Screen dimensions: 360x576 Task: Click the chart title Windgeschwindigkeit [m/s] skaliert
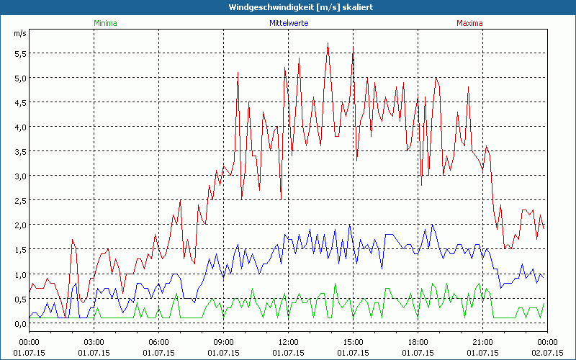(287, 7)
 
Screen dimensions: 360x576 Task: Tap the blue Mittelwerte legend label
(288, 23)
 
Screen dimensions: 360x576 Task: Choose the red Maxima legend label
(469, 23)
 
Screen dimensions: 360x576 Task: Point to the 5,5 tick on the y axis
(19, 53)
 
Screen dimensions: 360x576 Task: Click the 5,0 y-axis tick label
(19, 78)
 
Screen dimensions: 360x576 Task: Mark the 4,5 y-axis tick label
(19, 102)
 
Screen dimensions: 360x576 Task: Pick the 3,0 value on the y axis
(19, 176)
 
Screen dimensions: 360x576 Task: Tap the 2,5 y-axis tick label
(19, 200)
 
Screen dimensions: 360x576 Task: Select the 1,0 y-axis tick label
(19, 274)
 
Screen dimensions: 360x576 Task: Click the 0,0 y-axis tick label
(19, 323)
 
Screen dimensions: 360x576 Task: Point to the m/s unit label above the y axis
(19, 33)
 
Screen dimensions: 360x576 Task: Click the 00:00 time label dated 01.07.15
(29, 342)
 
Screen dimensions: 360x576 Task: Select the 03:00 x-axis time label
(94, 342)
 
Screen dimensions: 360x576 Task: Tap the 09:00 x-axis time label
(223, 342)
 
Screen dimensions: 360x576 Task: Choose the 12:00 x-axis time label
(288, 342)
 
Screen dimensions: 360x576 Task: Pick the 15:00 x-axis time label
(353, 342)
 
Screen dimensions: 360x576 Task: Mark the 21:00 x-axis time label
(482, 342)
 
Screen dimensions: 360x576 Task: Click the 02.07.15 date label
(547, 353)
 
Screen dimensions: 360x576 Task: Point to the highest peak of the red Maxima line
(328, 43)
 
